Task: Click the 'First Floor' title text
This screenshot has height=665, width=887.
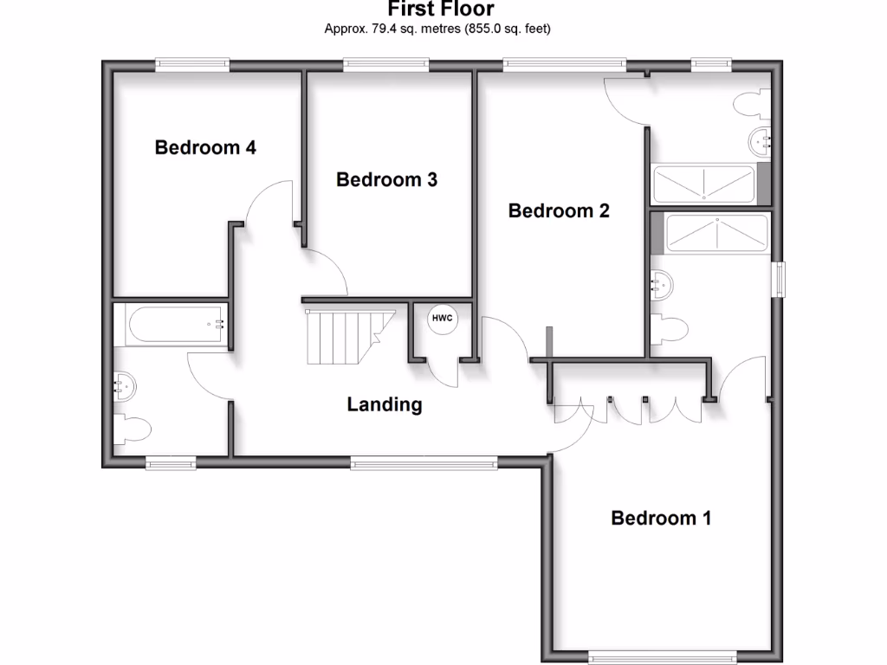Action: (440, 10)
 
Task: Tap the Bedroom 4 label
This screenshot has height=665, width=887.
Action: (205, 147)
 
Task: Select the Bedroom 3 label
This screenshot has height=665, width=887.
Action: (386, 179)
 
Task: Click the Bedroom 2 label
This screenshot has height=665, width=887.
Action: (559, 210)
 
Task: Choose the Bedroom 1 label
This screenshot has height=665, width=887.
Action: (661, 518)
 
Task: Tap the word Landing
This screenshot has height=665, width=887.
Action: (385, 404)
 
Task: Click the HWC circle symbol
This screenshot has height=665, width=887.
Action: (442, 319)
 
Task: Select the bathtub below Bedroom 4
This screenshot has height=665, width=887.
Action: (170, 325)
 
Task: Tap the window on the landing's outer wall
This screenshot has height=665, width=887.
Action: (424, 464)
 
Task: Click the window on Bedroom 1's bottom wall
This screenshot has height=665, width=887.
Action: (663, 657)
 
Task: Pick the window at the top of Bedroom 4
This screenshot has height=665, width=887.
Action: (192, 63)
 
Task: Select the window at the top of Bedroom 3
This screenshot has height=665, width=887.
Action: (385, 63)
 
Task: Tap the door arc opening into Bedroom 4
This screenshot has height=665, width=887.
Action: (269, 199)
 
